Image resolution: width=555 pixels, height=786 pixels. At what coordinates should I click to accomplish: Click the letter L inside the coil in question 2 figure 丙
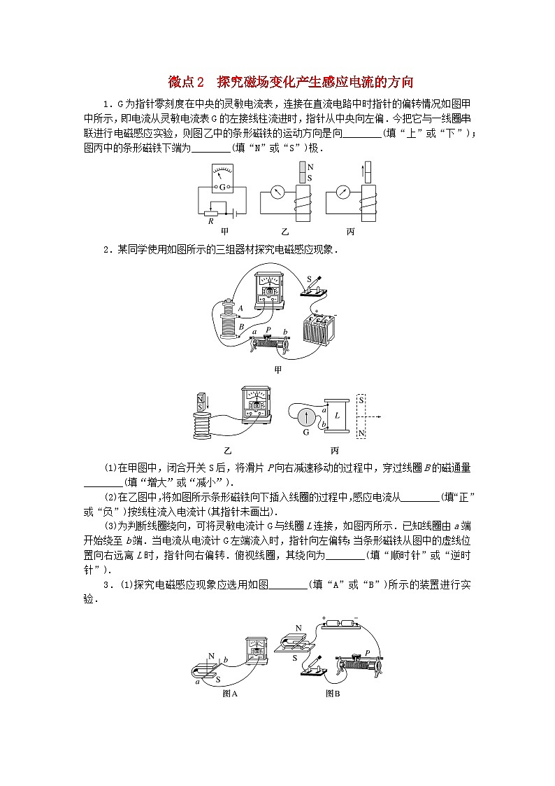(336, 414)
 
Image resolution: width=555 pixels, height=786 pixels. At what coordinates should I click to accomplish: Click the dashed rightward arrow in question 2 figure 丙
(377, 416)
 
